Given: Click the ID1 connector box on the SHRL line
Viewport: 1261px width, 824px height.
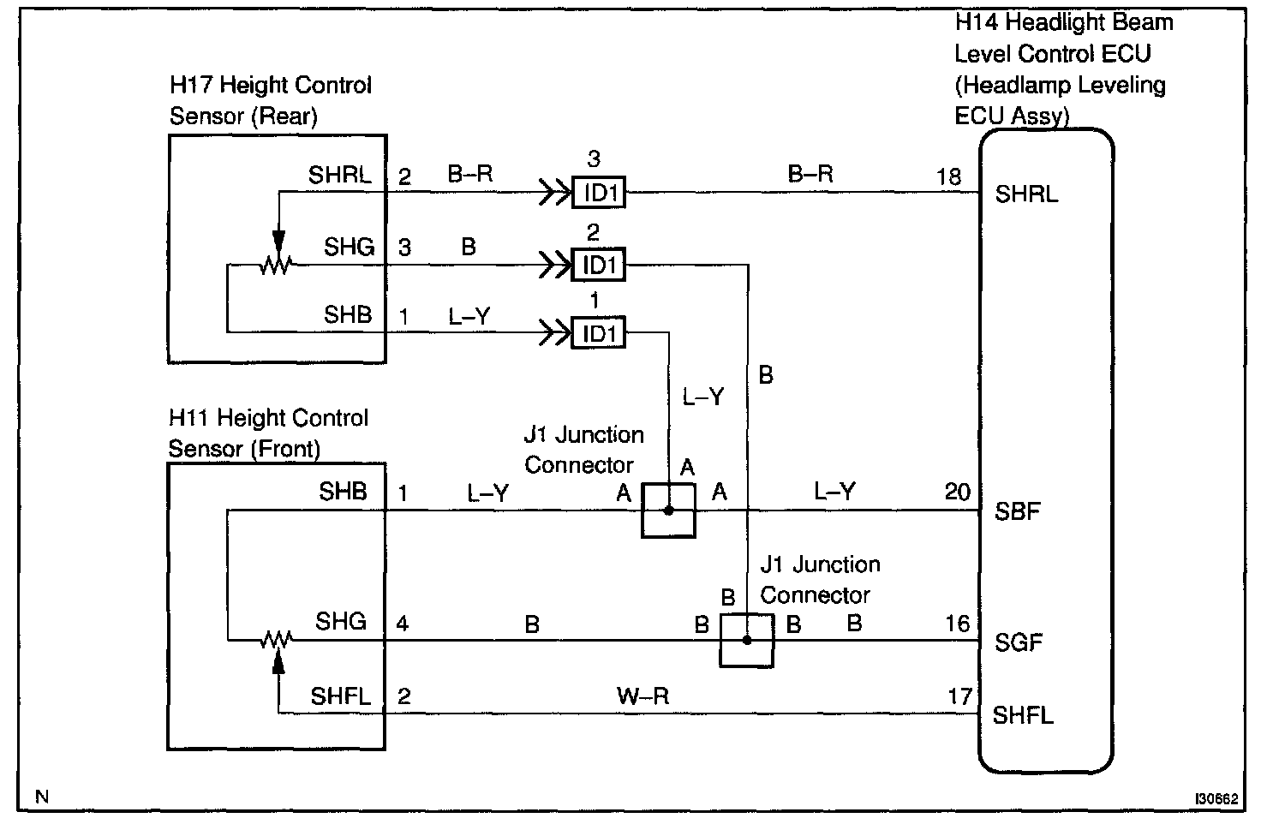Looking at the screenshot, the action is (x=599, y=193).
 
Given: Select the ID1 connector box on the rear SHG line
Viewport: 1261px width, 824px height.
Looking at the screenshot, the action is (x=599, y=265).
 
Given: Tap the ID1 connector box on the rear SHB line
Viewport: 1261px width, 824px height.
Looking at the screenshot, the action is (x=599, y=332).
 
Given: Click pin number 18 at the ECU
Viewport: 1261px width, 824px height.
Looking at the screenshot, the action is (x=948, y=176).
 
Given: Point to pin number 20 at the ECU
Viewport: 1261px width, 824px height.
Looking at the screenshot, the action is (x=958, y=492).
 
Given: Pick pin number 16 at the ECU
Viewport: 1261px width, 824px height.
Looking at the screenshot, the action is (x=958, y=624).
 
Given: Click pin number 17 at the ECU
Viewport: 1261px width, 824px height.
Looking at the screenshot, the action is (x=959, y=696).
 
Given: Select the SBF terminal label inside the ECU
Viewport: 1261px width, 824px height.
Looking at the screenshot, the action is (x=1017, y=511).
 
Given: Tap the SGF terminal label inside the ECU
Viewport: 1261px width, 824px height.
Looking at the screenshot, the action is (x=1019, y=642).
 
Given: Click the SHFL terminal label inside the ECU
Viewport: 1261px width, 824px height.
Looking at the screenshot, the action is (x=1022, y=715).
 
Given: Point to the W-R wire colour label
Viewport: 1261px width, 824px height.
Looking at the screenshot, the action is (x=642, y=696).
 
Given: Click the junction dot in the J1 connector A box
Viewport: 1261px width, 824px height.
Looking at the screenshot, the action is (x=669, y=511).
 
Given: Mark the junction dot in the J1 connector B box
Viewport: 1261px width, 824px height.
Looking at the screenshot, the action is (x=747, y=640).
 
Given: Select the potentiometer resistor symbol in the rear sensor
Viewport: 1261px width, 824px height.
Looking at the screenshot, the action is (x=276, y=265).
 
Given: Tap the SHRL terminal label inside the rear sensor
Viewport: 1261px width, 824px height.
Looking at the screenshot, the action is (x=340, y=175).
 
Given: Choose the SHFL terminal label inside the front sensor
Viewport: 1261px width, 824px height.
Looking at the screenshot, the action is (x=341, y=696).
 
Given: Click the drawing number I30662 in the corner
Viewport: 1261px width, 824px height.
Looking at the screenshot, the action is (x=1216, y=799).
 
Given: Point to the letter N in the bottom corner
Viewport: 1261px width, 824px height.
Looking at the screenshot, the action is (x=42, y=797).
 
